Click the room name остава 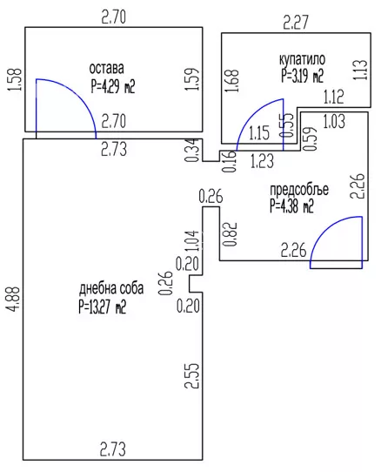coord(106,69)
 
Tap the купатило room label coord(302,59)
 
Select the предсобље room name coord(299,190)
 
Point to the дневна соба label coord(111,288)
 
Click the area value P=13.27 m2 coord(103,307)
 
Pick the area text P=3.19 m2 coord(303,76)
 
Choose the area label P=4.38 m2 coord(291,206)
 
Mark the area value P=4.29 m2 coord(113,87)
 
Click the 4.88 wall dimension coord(14,299)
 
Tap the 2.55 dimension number coord(192,375)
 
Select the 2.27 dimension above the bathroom coord(297,23)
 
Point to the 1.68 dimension coord(232,81)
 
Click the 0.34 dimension coord(192,150)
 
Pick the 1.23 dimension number coord(262,161)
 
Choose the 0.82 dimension coord(231,234)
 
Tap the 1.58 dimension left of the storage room coord(15,79)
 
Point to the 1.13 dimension coord(361,70)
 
